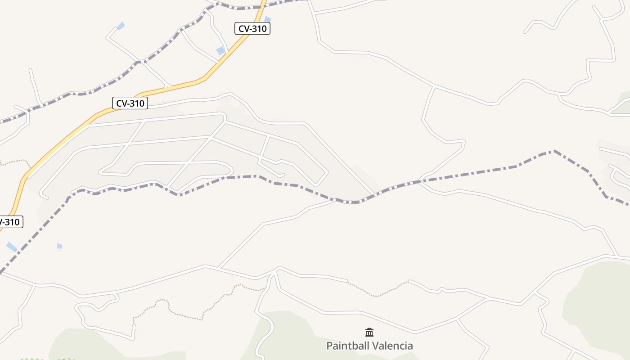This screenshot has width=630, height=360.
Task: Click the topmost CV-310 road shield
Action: (252, 29)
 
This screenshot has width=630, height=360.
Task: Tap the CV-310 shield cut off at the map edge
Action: (10, 222)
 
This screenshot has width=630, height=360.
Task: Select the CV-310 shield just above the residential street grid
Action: (130, 103)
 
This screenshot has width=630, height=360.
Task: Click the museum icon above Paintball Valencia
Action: (369, 333)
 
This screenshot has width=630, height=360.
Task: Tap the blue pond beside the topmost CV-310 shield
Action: (268, 19)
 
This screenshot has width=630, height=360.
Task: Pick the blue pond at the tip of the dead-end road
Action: (121, 26)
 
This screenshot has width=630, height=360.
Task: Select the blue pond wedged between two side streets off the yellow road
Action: (220, 51)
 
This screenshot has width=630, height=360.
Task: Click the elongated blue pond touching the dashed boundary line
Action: (12, 247)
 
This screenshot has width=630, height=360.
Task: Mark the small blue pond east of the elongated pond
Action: (59, 246)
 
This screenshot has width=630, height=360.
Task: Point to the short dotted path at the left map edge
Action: (13, 162)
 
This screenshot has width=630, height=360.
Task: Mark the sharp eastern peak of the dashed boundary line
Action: (554, 151)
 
